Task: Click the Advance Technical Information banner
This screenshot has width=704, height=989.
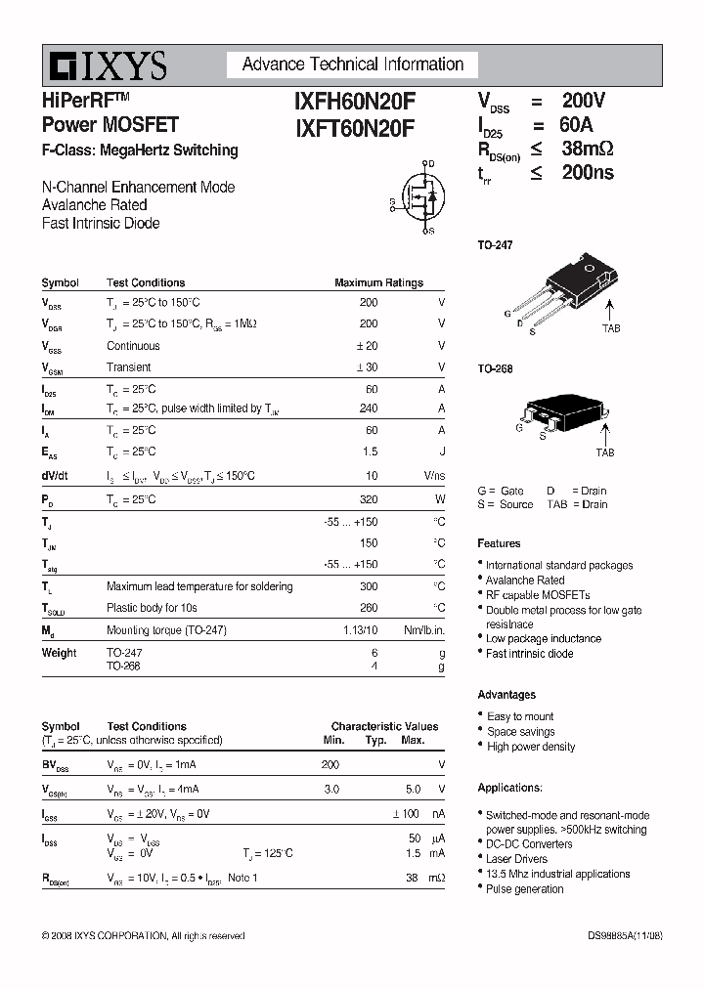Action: pos(352,64)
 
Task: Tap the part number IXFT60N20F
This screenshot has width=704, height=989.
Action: pos(355,127)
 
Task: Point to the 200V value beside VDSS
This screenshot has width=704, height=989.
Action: pos(584,100)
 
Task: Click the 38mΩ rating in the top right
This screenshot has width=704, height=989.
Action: pos(587,149)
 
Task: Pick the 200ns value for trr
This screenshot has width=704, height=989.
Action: pos(588,173)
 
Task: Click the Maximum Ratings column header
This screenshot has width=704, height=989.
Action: pos(378,282)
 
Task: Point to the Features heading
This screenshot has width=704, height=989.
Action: pos(499,543)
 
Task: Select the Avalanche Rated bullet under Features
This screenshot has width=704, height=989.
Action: pos(525,580)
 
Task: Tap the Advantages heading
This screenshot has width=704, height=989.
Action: pos(506,695)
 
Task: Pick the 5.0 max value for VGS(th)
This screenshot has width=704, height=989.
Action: pos(413,789)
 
